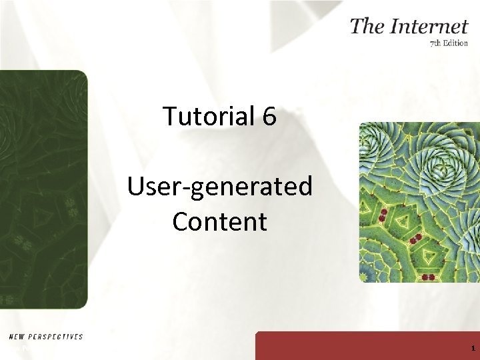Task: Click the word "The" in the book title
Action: [x=366, y=26]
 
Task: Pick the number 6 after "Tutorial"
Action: [x=269, y=117]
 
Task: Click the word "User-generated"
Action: [x=220, y=187]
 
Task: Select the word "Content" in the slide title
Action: [x=220, y=221]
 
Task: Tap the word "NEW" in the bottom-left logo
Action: [x=17, y=337]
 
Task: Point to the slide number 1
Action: [x=472, y=349]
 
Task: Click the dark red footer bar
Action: [x=367, y=347]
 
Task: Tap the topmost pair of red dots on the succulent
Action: [x=383, y=215]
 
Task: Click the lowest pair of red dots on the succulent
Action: [x=428, y=277]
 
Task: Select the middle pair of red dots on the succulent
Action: [x=416, y=239]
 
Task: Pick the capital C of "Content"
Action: [x=181, y=221]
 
